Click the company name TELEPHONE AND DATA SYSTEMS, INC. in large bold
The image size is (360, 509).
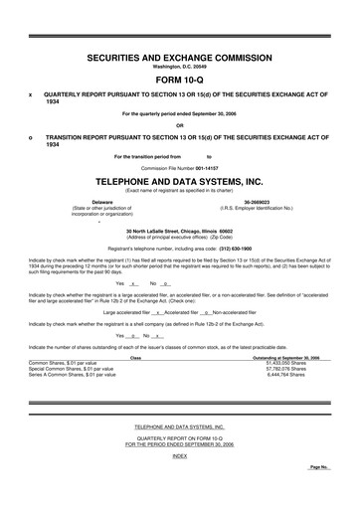point(180,183)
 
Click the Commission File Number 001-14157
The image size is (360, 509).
point(180,168)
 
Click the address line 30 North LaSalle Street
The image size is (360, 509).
point(180,230)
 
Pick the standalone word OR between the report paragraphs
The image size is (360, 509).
point(180,124)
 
